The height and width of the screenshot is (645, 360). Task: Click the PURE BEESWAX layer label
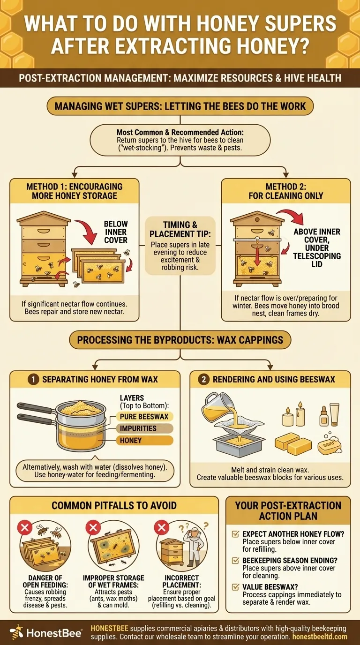[144, 417]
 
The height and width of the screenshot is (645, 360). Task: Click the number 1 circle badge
[33, 380]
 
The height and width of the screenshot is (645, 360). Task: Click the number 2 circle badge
[203, 380]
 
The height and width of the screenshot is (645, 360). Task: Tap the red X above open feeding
[25, 527]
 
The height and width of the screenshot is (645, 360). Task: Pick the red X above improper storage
[93, 527]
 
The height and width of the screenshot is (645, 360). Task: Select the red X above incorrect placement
[161, 527]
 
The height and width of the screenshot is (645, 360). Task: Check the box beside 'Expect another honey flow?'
[235, 534]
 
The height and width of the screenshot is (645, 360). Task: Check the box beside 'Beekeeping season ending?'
[235, 560]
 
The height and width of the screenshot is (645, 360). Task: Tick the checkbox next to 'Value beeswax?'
[235, 587]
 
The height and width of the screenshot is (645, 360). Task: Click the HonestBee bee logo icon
[17, 633]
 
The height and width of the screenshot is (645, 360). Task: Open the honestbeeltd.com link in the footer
[320, 637]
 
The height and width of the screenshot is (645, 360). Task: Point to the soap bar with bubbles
[330, 444]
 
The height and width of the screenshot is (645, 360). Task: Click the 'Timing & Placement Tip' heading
[180, 229]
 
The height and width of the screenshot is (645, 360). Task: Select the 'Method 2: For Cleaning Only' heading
[285, 191]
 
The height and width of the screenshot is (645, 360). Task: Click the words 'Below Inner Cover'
[116, 232]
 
